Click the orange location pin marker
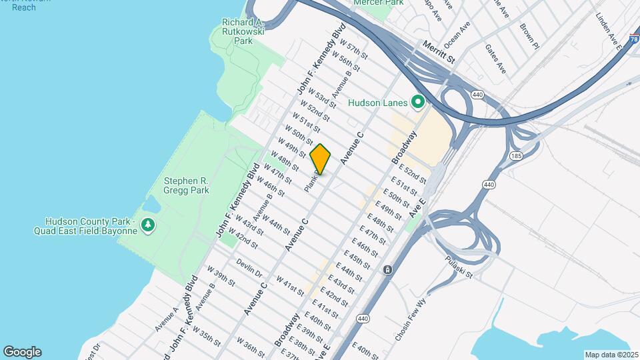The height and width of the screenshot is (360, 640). (x=321, y=159)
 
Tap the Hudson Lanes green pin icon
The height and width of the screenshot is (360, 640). (x=418, y=102)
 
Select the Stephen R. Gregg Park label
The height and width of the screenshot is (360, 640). (x=187, y=185)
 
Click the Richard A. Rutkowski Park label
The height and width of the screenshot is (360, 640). (x=244, y=31)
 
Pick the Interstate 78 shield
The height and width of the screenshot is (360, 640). (x=634, y=39)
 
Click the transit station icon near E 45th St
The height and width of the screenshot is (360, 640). (x=387, y=269)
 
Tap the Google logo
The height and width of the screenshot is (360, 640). (x=22, y=351)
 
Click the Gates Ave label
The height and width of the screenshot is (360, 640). (x=496, y=59)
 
